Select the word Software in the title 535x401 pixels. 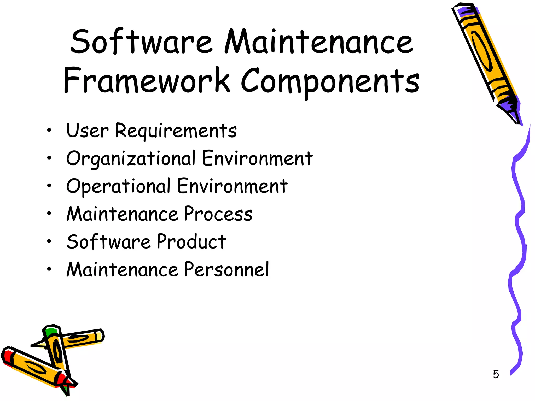coord(141,42)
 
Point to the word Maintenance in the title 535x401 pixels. coord(319,42)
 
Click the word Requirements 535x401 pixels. coord(176,131)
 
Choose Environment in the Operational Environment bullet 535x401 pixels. coord(232,186)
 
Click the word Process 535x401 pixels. coord(218,214)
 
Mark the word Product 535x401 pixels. coord(191,242)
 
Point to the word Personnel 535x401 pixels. coord(226,269)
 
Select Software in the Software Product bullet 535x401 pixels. coord(108,242)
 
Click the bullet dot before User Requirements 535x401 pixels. coord(49,130)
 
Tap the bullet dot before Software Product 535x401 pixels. coord(49,241)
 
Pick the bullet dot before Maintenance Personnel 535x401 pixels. coord(49,269)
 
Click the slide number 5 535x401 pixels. coord(496,374)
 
